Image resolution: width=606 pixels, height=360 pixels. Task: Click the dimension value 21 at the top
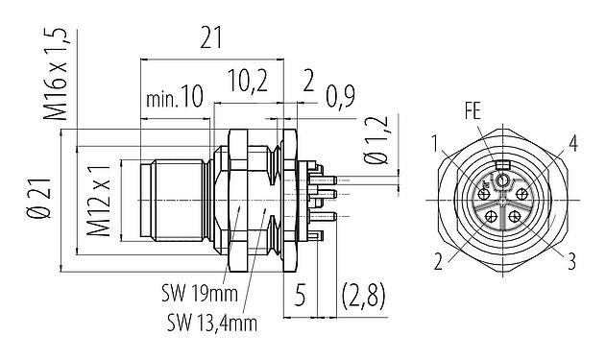tap(210, 39)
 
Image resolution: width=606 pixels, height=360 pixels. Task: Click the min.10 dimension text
tap(175, 99)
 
